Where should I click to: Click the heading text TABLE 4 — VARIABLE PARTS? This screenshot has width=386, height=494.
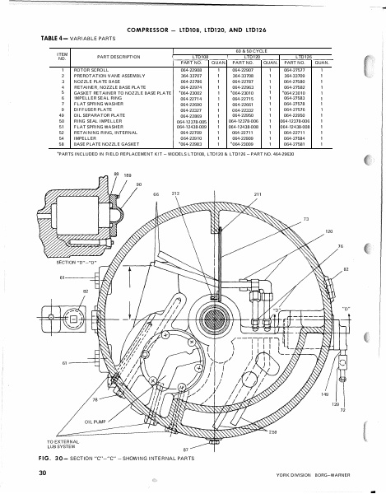click(x=68, y=38)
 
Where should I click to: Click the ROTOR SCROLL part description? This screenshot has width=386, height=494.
click(x=94, y=71)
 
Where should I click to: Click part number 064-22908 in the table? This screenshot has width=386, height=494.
click(x=190, y=71)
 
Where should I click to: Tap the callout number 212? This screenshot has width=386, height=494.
click(x=174, y=193)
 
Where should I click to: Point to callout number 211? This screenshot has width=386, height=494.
click(x=257, y=193)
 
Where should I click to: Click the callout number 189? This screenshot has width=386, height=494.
click(x=127, y=176)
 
